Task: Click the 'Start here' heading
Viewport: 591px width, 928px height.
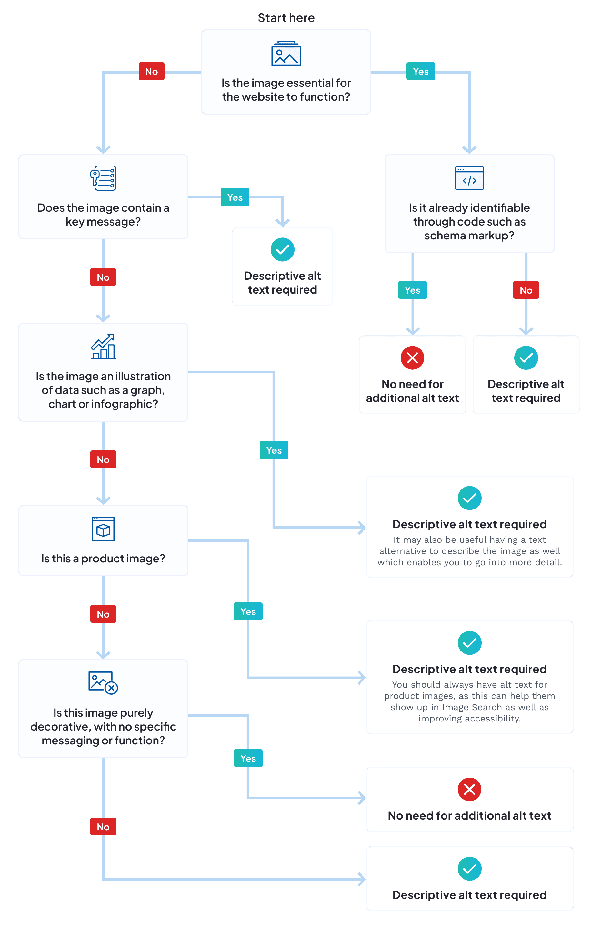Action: tap(286, 18)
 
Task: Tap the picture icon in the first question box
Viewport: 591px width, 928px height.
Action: tap(286, 54)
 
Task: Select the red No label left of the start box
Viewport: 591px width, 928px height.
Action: tap(151, 71)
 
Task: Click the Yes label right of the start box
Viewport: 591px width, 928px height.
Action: tap(420, 71)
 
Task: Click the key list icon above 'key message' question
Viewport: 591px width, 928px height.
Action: tap(103, 178)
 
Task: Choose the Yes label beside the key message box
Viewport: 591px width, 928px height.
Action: tap(235, 197)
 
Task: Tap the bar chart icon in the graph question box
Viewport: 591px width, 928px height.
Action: tap(103, 347)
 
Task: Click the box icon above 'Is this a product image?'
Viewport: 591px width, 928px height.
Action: tap(103, 529)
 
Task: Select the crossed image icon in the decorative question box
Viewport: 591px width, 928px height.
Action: tap(103, 683)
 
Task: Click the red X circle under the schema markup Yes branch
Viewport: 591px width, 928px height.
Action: tap(412, 358)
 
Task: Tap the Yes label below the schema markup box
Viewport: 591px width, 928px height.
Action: tap(412, 290)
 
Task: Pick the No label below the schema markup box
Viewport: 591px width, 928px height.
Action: tap(526, 290)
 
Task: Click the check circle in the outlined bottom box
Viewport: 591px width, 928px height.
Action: tap(469, 869)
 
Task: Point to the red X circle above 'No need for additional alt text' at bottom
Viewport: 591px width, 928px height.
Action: tap(469, 789)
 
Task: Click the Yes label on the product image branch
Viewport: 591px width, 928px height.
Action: tap(248, 611)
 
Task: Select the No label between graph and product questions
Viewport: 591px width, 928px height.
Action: tap(103, 459)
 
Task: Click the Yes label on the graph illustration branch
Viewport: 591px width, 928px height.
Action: tap(274, 450)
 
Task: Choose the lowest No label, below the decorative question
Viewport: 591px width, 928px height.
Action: tap(103, 827)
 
